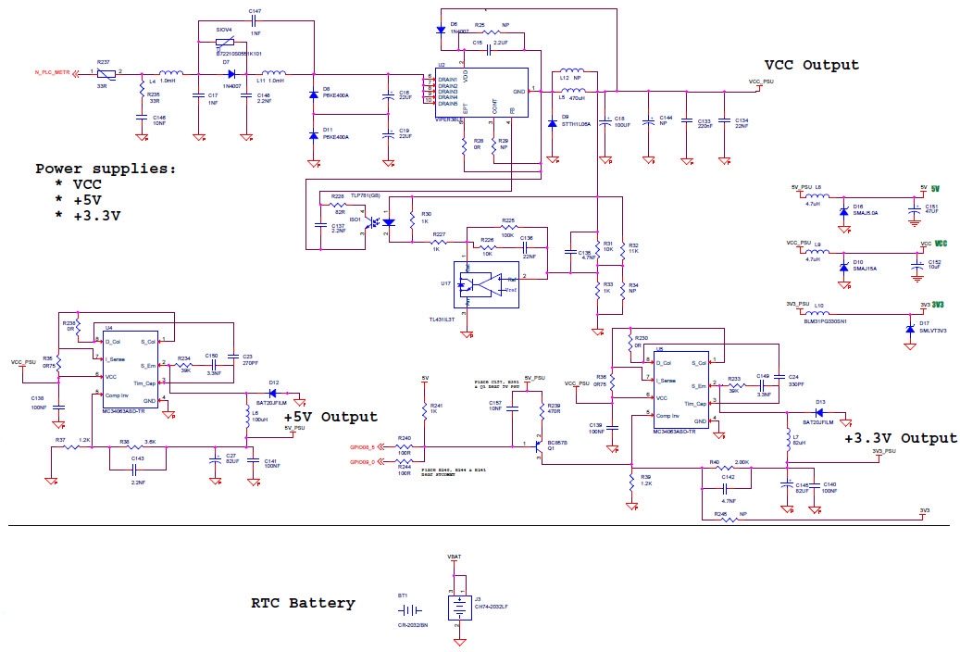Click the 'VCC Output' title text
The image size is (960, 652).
click(x=811, y=65)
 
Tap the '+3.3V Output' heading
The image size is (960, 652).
click(x=901, y=438)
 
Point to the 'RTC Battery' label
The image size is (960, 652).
click(x=303, y=603)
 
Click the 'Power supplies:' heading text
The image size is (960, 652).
click(x=106, y=169)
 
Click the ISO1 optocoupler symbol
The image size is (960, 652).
click(x=380, y=222)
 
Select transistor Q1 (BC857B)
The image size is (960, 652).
click(x=537, y=445)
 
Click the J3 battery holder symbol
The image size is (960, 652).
click(x=457, y=608)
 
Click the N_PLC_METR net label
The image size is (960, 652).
click(x=53, y=71)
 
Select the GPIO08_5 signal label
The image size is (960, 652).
click(x=362, y=446)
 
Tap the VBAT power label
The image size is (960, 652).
click(x=454, y=557)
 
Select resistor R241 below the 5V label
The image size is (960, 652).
click(x=424, y=407)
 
